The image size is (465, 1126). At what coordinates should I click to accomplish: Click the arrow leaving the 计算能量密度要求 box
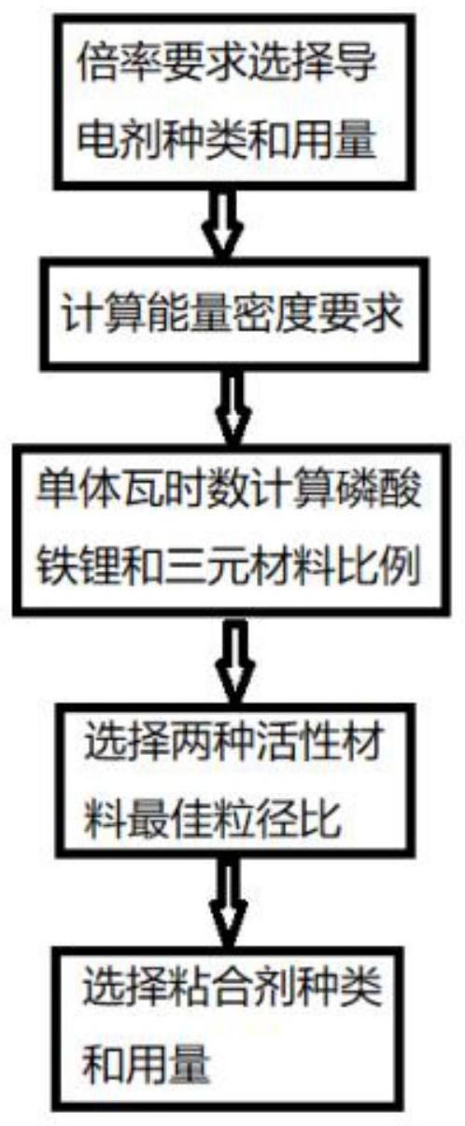233,408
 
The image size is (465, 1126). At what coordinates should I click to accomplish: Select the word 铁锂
77,569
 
